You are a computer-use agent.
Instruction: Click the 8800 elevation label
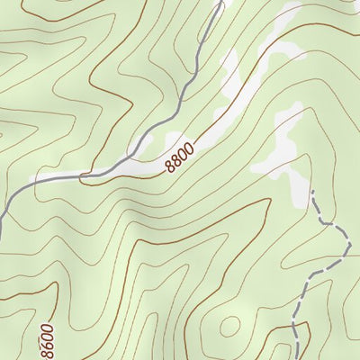[x=180, y=156]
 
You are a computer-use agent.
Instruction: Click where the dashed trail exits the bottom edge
[x=296, y=358]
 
